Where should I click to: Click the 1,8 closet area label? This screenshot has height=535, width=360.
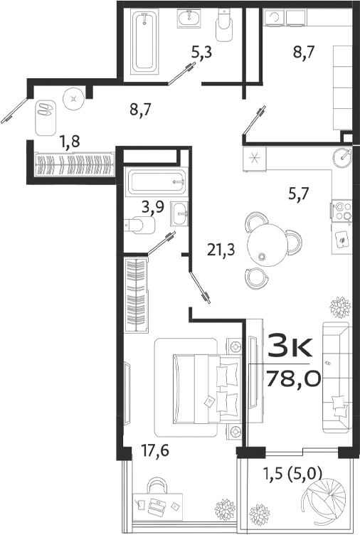coord(70,142)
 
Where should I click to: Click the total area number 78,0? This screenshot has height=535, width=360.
coord(293,376)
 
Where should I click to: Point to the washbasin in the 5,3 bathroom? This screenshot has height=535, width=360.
coord(189,19)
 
